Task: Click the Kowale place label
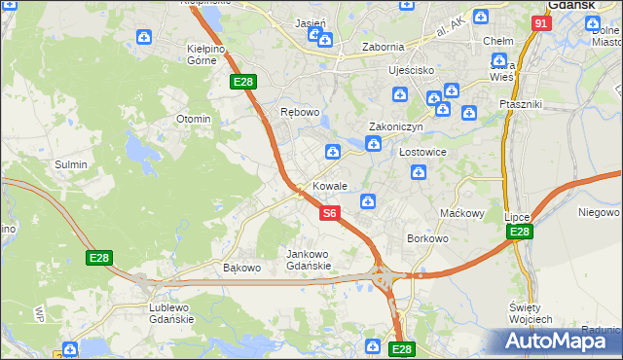tap(330, 186)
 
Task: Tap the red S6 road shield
tap(330, 212)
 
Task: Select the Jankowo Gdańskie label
tap(309, 260)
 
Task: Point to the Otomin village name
tap(193, 119)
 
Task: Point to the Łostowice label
tap(422, 152)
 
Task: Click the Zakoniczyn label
tap(395, 126)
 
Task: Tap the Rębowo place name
tap(300, 112)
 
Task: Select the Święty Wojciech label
tap(531, 312)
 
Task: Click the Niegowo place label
tap(599, 211)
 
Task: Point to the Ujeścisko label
tap(384, 71)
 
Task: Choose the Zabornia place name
tap(383, 46)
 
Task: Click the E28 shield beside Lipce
tap(519, 232)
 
